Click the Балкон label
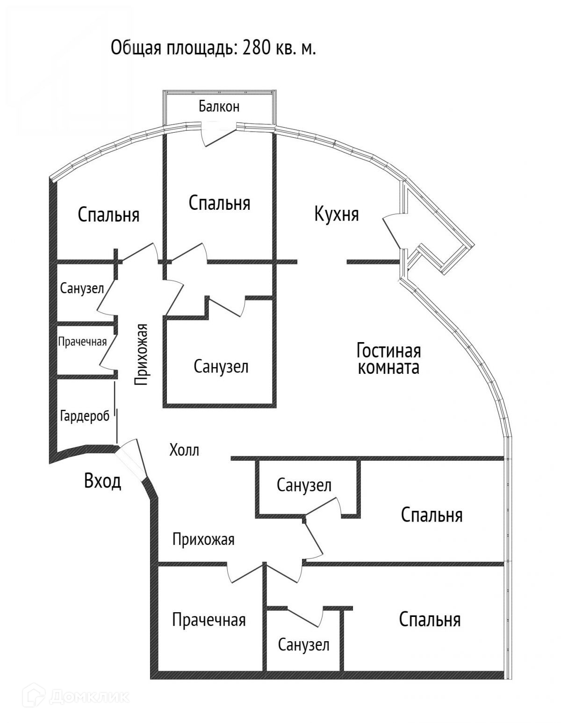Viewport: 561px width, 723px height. [x=219, y=107]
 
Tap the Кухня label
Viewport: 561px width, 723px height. [x=337, y=215]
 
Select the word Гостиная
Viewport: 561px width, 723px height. [x=388, y=350]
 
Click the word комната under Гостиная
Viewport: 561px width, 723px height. [x=388, y=367]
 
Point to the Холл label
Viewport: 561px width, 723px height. [x=184, y=450]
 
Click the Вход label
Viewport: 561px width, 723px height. [x=103, y=480]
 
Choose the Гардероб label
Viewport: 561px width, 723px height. [x=85, y=415]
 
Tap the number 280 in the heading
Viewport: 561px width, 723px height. [x=257, y=48]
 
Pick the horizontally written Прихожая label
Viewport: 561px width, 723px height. [x=203, y=540]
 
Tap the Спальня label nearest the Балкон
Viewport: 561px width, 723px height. [x=219, y=203]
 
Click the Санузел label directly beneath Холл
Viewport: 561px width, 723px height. [x=304, y=485]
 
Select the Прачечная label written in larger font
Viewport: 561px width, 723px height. [x=209, y=620]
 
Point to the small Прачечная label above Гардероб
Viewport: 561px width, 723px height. [x=82, y=342]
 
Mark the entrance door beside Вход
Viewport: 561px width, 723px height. [x=132, y=463]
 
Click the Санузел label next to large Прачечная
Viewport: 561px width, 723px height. [x=303, y=645]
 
